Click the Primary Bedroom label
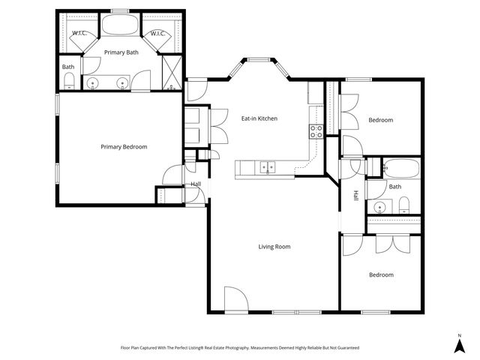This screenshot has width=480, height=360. (124, 147)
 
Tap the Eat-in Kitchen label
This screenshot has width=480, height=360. (259, 118)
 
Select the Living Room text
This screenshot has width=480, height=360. (274, 246)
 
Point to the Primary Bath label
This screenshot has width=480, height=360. (121, 52)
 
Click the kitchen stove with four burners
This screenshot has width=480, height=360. (316, 131)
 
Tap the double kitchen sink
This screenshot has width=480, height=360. (268, 168)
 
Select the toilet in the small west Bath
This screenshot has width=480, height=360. (68, 81)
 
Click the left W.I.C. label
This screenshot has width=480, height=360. (80, 34)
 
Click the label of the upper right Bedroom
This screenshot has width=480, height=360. (380, 120)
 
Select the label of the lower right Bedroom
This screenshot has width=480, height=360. (380, 274)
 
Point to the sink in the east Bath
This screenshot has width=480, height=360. (379, 207)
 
